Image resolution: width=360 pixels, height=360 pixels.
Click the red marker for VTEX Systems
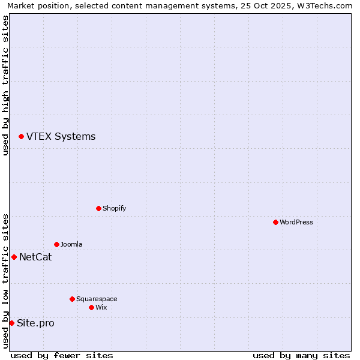pos(21,137)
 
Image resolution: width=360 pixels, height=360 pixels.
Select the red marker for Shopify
pos(98,208)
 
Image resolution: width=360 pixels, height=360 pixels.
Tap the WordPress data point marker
pos(275,222)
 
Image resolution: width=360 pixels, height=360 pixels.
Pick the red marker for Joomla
pos(56,244)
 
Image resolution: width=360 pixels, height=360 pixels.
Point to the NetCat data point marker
pos(14,257)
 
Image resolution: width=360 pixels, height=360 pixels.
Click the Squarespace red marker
pos(72,299)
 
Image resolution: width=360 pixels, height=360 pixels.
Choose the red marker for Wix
pos(91,307)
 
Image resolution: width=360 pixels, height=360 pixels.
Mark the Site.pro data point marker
pos(11,323)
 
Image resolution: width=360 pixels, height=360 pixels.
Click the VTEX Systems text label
pos(61,136)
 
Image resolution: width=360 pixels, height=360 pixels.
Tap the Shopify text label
pos(114,208)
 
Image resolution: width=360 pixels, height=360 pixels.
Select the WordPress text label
pos(296,222)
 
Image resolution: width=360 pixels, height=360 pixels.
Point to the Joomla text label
pos(71,244)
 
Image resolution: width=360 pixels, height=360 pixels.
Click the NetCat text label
pos(35,257)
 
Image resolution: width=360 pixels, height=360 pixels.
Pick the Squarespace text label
pos(97,299)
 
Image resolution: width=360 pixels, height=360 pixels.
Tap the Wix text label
pos(101,307)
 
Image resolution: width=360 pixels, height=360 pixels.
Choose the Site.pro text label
pos(35,323)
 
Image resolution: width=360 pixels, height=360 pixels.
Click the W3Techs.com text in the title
pos(323,5)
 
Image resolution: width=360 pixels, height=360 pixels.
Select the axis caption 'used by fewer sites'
pos(62,355)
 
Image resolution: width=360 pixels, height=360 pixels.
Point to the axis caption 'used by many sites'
pos(301,355)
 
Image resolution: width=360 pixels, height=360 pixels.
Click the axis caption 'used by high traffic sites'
pos(5,85)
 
